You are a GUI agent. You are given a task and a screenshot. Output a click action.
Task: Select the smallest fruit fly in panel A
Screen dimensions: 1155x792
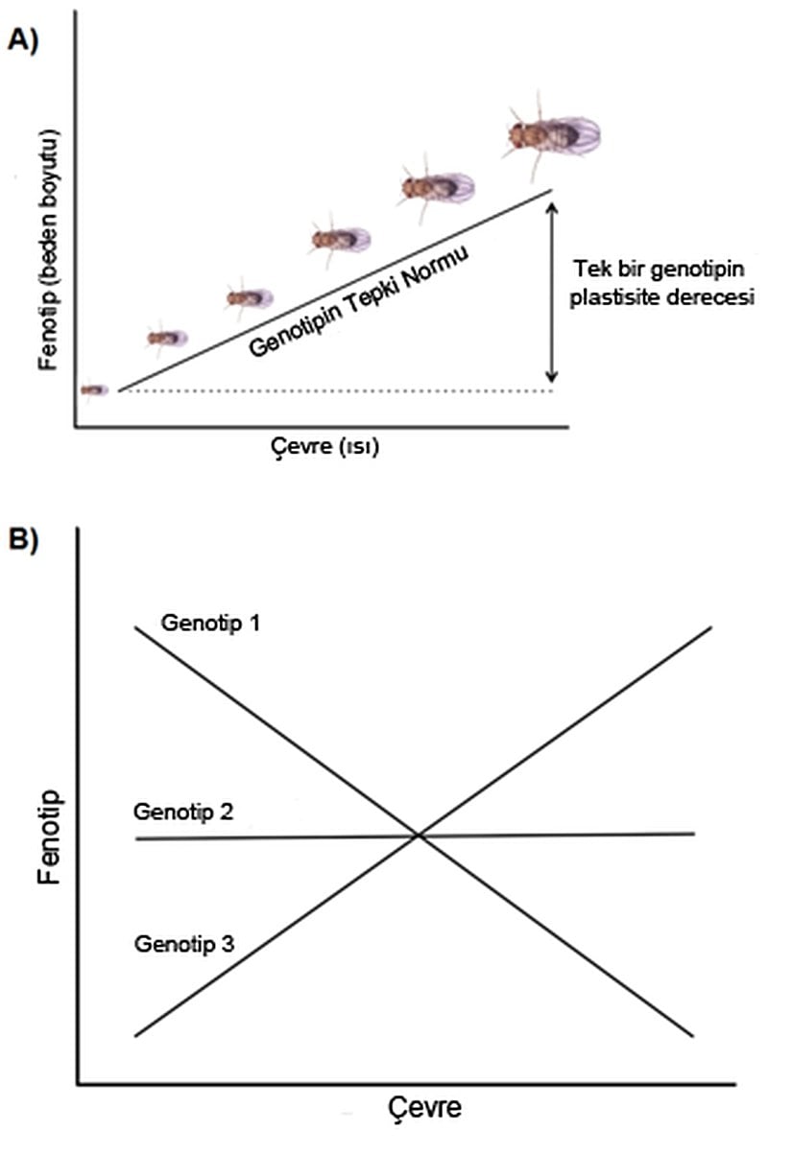click(94, 389)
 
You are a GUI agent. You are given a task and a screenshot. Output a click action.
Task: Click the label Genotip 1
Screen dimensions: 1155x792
click(211, 624)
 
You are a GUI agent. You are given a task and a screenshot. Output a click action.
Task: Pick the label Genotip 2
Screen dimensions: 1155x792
click(183, 813)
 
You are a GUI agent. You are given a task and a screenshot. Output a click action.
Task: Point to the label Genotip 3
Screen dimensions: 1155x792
click(183, 943)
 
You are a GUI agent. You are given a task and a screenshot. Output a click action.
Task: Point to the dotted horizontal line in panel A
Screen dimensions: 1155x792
click(336, 390)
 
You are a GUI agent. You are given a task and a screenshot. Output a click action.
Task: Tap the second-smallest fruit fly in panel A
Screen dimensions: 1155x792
click(167, 338)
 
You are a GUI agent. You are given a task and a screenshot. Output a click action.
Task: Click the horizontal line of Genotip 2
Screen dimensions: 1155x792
click(576, 835)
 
